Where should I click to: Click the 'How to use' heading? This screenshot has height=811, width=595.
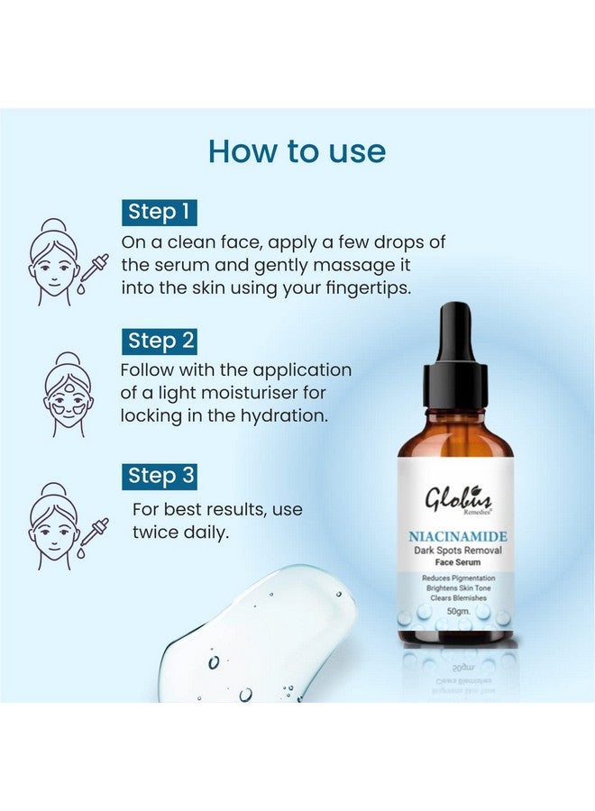tap(297, 150)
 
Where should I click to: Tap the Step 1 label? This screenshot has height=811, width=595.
tap(159, 212)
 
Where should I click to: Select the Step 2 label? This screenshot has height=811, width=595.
tap(159, 341)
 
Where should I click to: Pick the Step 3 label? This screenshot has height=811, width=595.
tap(159, 475)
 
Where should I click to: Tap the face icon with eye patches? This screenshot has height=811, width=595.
tap(67, 394)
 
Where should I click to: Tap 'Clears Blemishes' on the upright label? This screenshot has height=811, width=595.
tap(455, 596)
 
